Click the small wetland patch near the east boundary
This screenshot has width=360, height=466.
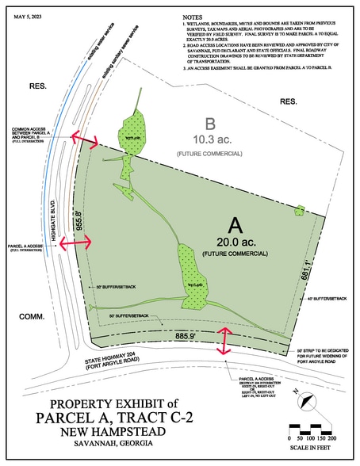(x=299, y=210)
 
